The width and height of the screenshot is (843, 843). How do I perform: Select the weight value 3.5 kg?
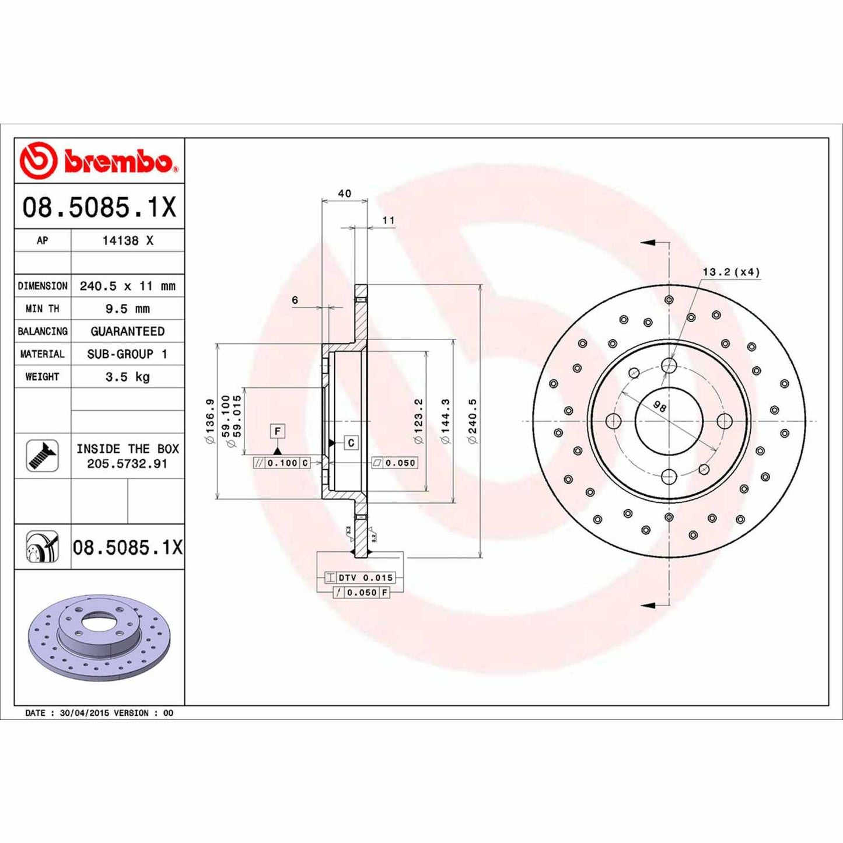point(127,377)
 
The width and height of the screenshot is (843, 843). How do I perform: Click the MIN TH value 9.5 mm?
point(127,309)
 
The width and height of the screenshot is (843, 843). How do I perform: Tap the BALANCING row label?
point(43,331)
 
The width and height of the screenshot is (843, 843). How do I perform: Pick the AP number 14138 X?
point(127,240)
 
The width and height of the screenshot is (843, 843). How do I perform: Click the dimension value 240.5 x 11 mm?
point(127,286)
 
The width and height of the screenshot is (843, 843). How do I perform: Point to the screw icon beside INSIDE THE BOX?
point(43,456)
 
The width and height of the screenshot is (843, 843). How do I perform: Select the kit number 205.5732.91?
point(127,464)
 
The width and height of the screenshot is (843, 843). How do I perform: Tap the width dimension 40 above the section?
point(344,194)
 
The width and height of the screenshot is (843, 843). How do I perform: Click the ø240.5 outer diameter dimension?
point(473,421)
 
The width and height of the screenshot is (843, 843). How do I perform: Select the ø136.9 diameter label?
point(210,421)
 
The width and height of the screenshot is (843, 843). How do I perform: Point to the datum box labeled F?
point(278,431)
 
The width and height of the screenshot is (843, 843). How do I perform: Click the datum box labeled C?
point(351,443)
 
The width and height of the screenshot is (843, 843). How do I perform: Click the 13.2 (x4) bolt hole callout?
point(730,272)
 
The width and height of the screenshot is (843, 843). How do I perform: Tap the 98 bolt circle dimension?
point(659,407)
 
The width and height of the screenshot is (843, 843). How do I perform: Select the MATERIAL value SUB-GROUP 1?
point(127,354)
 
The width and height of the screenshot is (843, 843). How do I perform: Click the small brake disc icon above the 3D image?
point(43,547)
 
